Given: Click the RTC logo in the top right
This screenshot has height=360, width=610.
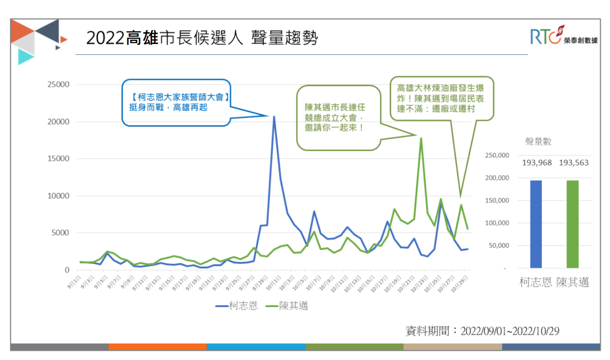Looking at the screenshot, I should [x=563, y=36].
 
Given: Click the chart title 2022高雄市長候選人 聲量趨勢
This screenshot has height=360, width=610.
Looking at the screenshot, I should [x=202, y=38].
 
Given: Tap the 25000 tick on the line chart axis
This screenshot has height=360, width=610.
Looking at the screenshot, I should [x=58, y=85].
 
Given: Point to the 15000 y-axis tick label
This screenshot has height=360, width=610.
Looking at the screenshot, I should [x=58, y=159].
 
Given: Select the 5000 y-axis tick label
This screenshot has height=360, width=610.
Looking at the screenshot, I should [x=60, y=233].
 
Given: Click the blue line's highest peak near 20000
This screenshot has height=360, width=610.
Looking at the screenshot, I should [x=274, y=117].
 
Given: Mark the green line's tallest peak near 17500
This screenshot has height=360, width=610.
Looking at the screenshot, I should [x=421, y=139].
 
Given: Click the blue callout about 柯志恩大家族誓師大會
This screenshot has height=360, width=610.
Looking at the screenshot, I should [x=176, y=102].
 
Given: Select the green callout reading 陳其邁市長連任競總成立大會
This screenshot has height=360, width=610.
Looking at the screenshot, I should [x=338, y=117].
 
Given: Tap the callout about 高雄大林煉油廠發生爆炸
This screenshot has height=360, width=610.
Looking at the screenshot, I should [x=441, y=98].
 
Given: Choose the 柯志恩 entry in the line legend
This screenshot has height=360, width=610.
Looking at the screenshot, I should [x=237, y=306].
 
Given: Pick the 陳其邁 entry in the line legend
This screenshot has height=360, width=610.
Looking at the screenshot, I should [x=287, y=306].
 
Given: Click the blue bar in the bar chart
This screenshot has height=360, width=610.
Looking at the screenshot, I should [x=536, y=224].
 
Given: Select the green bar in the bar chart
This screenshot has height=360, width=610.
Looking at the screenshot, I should [x=572, y=224].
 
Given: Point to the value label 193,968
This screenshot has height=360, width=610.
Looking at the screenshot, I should [x=537, y=163].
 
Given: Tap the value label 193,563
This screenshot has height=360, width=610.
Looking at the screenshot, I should [x=573, y=163].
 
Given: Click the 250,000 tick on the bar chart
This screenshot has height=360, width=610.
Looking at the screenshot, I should [x=497, y=156].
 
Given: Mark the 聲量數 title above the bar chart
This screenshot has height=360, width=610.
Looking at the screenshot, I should [x=538, y=142].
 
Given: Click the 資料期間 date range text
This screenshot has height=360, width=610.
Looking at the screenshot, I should [x=482, y=331].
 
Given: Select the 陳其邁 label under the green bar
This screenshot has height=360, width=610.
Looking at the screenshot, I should [x=572, y=283].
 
